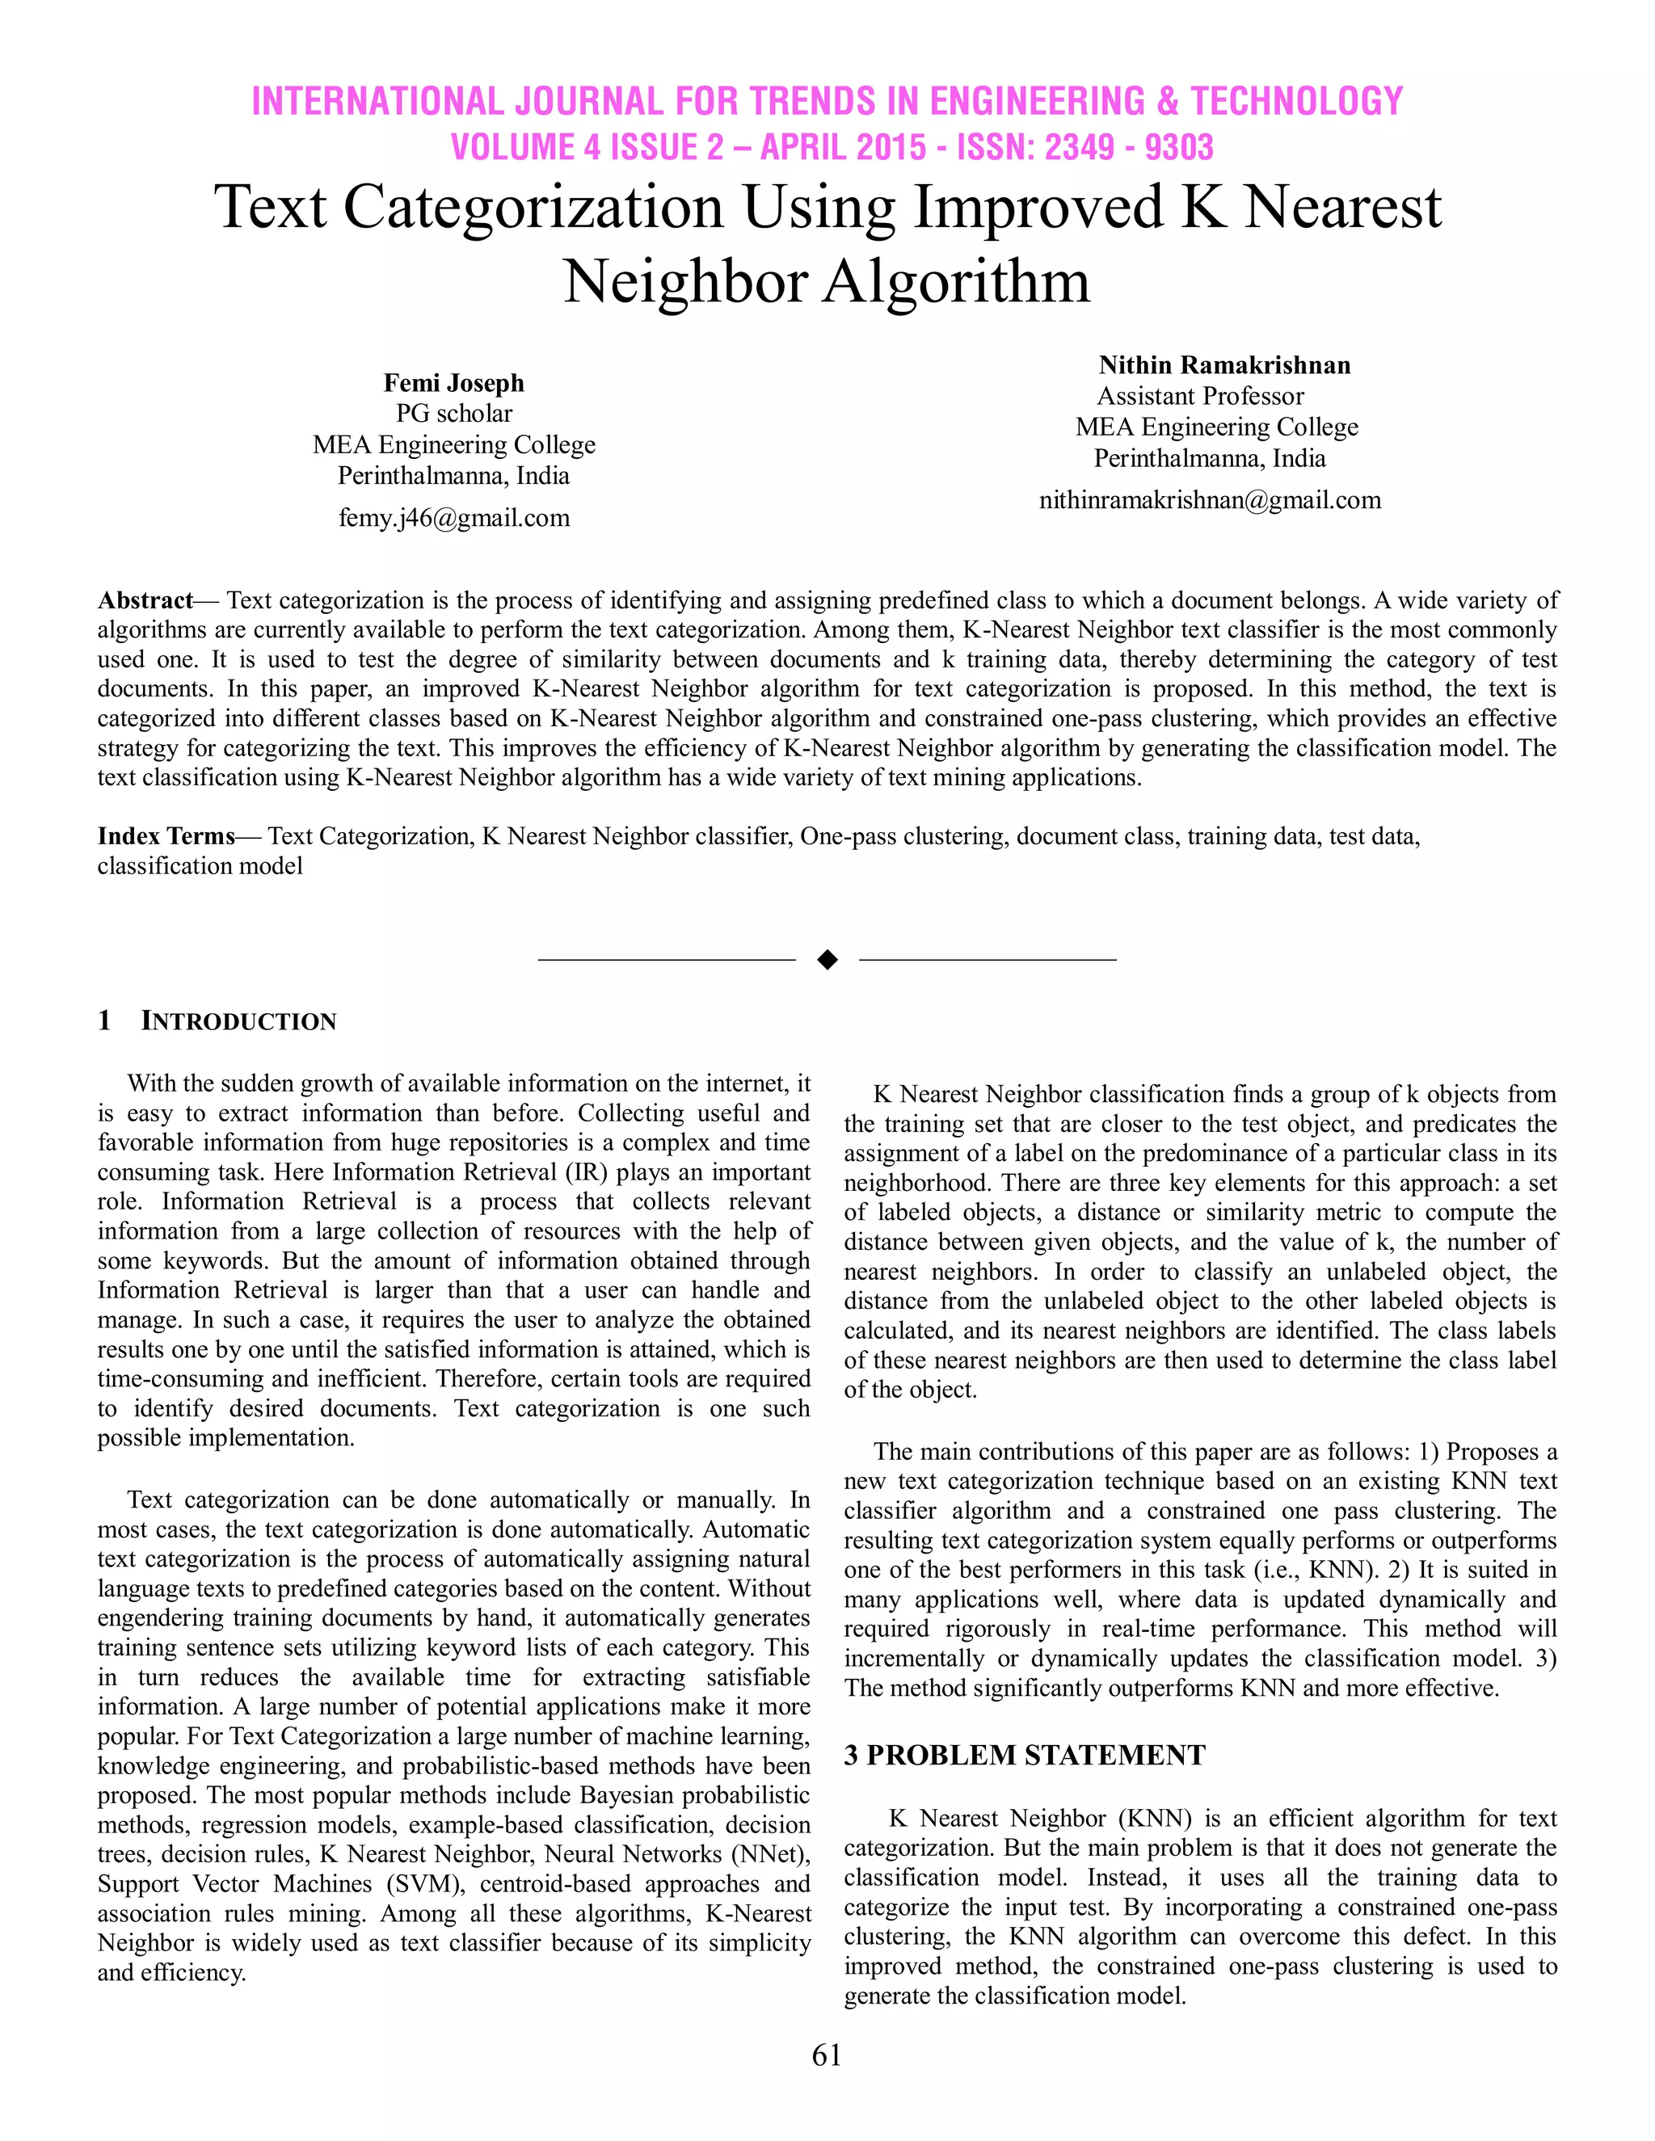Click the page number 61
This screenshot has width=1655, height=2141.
click(x=827, y=2055)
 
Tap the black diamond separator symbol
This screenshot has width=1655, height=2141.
click(x=827, y=960)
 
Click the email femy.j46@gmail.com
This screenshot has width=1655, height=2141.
click(x=454, y=518)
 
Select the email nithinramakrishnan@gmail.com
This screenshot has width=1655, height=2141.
click(x=1210, y=500)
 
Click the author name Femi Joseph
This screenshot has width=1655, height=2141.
click(x=454, y=382)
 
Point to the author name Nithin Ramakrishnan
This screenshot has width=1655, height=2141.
click(x=1223, y=366)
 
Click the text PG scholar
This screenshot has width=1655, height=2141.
click(x=454, y=414)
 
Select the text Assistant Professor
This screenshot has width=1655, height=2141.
click(x=1200, y=396)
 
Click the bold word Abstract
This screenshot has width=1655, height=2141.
click(x=145, y=600)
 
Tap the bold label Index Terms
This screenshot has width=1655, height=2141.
click(x=166, y=836)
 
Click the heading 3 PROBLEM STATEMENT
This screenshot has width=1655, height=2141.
click(x=1025, y=1755)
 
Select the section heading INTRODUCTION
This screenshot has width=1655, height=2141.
click(x=238, y=1021)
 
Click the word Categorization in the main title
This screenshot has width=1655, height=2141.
click(x=533, y=208)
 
